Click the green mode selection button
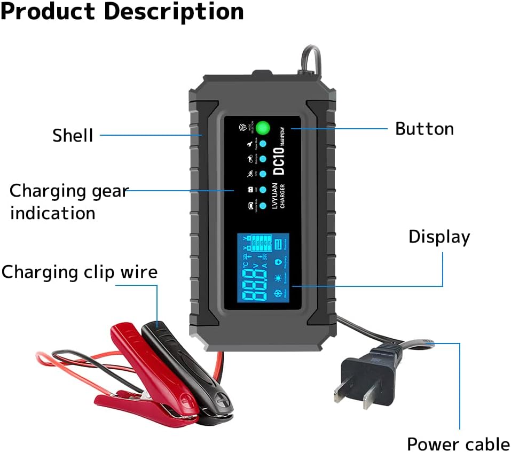263,128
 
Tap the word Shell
73,136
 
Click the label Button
424,129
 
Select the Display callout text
439,237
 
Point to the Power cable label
458,444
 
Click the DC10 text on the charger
279,160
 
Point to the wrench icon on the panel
249,145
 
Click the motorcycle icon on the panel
249,159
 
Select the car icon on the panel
249,205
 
